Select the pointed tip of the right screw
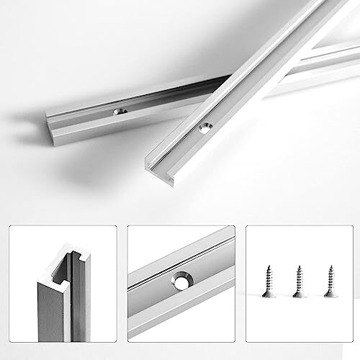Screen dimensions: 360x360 click(329, 264)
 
